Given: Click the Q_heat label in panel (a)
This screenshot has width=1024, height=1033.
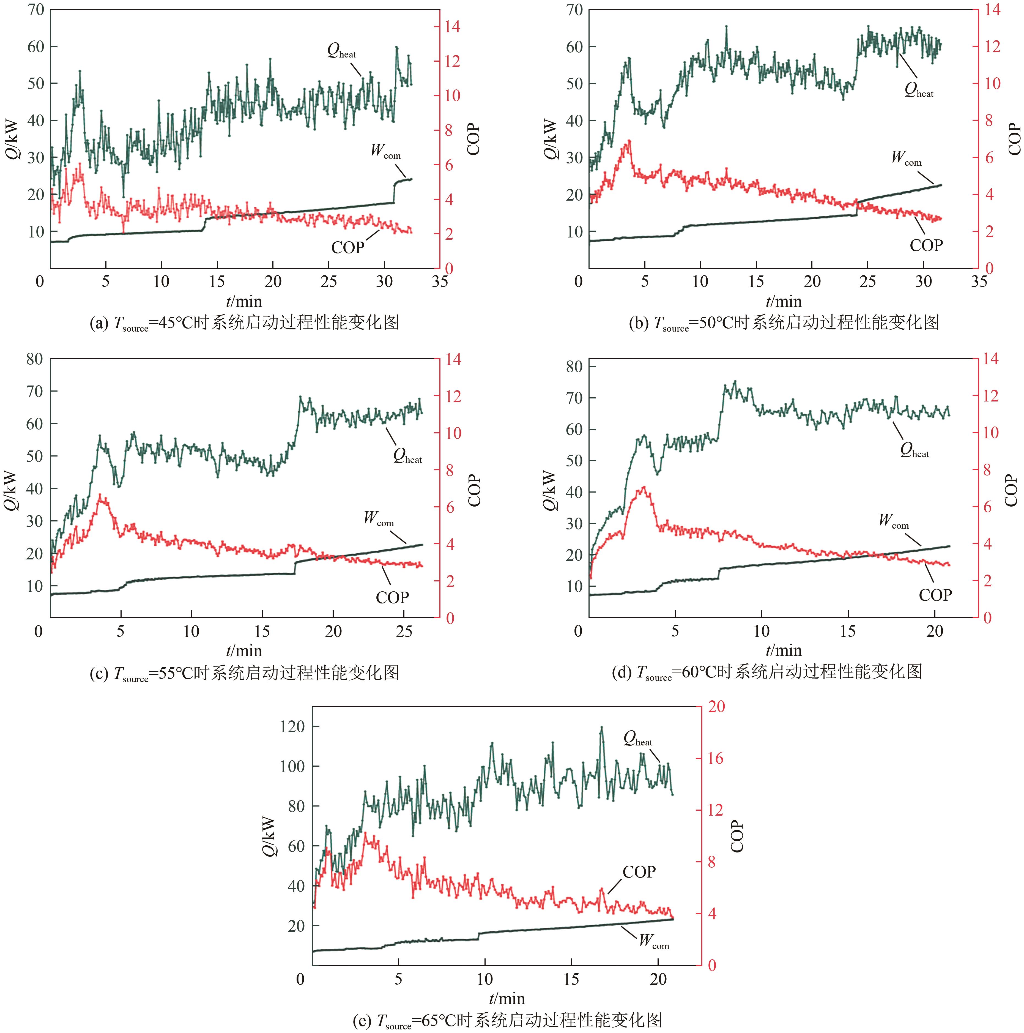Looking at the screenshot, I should pyautogui.click(x=341, y=51).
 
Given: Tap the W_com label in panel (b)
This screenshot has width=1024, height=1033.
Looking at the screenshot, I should pyautogui.click(x=907, y=158).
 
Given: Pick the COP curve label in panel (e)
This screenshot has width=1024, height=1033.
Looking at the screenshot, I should pyautogui.click(x=639, y=872).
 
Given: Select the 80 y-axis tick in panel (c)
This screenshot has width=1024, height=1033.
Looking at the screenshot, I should pyautogui.click(x=35, y=359).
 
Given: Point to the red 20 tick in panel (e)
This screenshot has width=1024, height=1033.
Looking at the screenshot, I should pyautogui.click(x=716, y=707).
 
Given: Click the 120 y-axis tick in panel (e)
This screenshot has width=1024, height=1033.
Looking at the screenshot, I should pyautogui.click(x=292, y=727).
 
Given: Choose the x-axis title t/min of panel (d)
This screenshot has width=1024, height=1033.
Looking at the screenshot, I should pyautogui.click(x=784, y=650).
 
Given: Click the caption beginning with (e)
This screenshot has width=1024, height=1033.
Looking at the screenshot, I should pyautogui.click(x=507, y=1020).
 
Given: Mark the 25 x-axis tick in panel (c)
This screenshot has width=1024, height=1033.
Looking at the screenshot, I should pyautogui.click(x=404, y=632).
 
